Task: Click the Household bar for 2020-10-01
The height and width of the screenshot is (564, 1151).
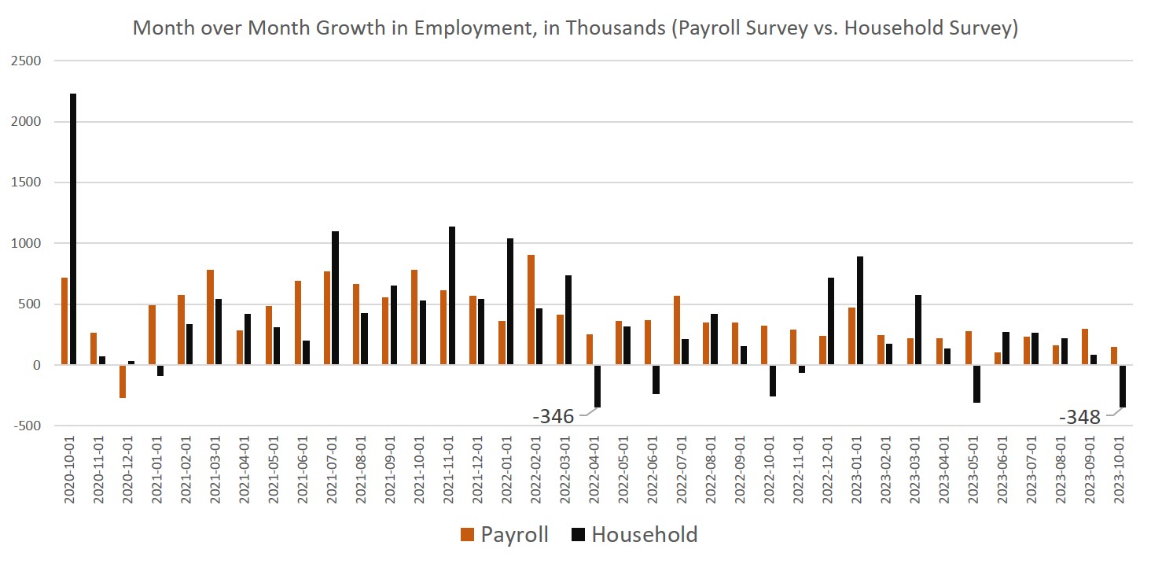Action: (73, 229)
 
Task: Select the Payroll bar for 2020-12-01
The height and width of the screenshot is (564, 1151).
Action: (123, 382)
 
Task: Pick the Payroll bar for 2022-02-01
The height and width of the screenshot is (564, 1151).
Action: (531, 310)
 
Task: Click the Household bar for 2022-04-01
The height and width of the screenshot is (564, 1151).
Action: (598, 386)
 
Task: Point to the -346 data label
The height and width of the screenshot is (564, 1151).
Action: (553, 416)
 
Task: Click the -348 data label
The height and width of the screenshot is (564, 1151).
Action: (1079, 417)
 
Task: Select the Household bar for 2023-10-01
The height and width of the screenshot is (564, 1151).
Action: (1123, 386)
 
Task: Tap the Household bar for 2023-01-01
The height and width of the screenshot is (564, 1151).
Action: (860, 311)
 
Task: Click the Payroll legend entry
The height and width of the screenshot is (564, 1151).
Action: (504, 535)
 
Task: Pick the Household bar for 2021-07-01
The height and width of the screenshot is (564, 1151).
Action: (336, 298)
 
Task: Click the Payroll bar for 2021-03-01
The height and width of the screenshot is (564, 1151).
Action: (210, 318)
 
